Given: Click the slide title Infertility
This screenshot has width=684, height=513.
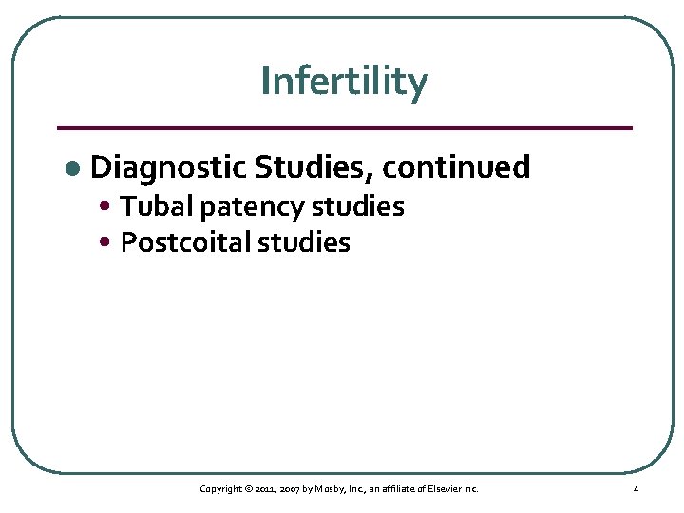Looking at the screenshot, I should pos(344,82).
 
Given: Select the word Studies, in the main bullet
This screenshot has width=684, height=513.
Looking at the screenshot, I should pos(313,167).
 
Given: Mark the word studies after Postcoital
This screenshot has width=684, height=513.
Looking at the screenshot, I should pos(306,242).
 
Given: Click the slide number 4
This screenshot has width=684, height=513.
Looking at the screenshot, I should pos(636,489).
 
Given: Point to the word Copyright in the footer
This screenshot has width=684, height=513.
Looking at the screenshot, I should pos(219,489).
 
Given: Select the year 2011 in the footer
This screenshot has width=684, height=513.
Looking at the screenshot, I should pos(266,489).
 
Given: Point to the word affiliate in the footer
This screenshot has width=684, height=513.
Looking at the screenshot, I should pos(404,489).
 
